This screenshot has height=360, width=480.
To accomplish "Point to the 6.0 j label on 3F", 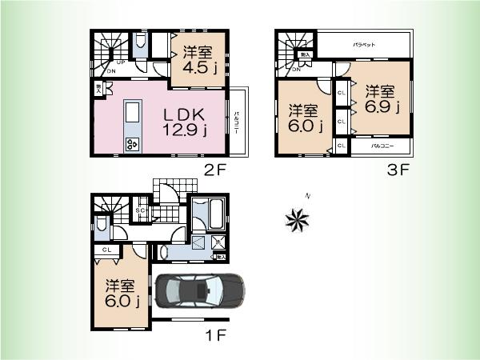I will coord(305,118).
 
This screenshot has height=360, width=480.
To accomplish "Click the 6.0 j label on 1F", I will coord(122,293).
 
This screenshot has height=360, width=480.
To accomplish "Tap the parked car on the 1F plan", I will coord(201,290).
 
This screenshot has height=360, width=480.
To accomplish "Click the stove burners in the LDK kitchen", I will coord(131,144).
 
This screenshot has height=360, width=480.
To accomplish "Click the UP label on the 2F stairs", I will coord(120,61).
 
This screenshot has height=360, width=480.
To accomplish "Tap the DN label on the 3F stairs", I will coord(296,70).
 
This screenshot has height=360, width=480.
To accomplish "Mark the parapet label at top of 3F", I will coord(365,46).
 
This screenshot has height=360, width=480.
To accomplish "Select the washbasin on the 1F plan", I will coord(165,252).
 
